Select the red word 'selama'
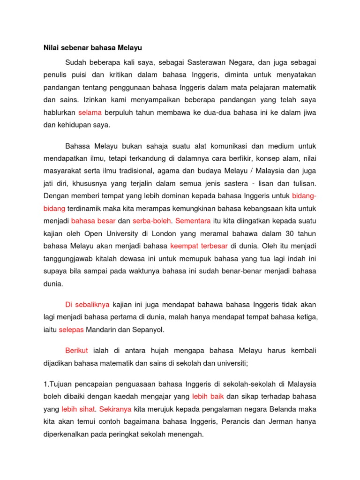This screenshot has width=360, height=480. (90, 112)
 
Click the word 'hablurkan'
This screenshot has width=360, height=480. (60, 112)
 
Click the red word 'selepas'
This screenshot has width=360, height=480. (71, 330)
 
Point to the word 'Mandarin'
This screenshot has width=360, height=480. (104, 330)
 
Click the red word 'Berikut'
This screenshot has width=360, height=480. (77, 351)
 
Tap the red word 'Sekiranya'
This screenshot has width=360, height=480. (112, 409)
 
